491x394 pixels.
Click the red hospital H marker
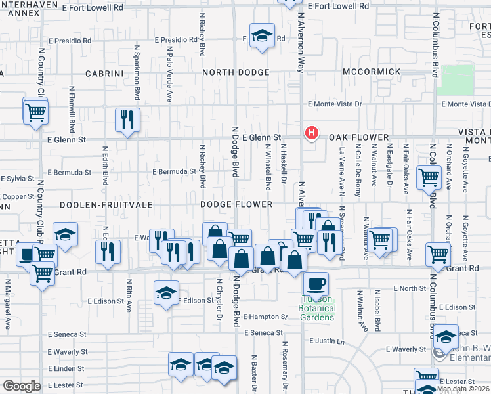coord(311,133)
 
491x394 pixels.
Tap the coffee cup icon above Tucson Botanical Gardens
coord(316,283)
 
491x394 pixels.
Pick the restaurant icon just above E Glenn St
coord(127,120)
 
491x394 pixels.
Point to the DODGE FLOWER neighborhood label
coord(236,205)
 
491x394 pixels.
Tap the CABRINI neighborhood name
coord(104,74)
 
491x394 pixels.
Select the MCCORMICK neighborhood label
coord(372,72)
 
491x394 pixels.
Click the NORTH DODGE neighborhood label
coord(236,72)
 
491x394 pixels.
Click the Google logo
coord(22,386)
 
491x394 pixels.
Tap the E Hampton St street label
coord(265,317)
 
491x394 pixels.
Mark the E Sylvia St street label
coord(18,179)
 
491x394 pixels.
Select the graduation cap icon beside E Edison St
coord(166,293)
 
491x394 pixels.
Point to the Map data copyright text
coord(463,389)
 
